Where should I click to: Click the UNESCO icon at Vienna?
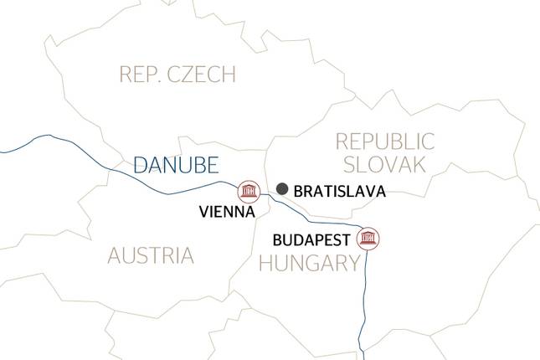[248, 192]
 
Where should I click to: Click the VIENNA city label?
[227, 213]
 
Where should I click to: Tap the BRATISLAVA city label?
[340, 192]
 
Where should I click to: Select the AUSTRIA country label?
[151, 255]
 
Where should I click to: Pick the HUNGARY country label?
[309, 265]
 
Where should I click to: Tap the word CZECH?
[208, 75]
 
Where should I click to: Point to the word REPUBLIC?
[384, 141]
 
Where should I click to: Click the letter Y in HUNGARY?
[352, 265]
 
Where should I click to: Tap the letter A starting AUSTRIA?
[115, 255]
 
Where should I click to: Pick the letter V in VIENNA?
[204, 213]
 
